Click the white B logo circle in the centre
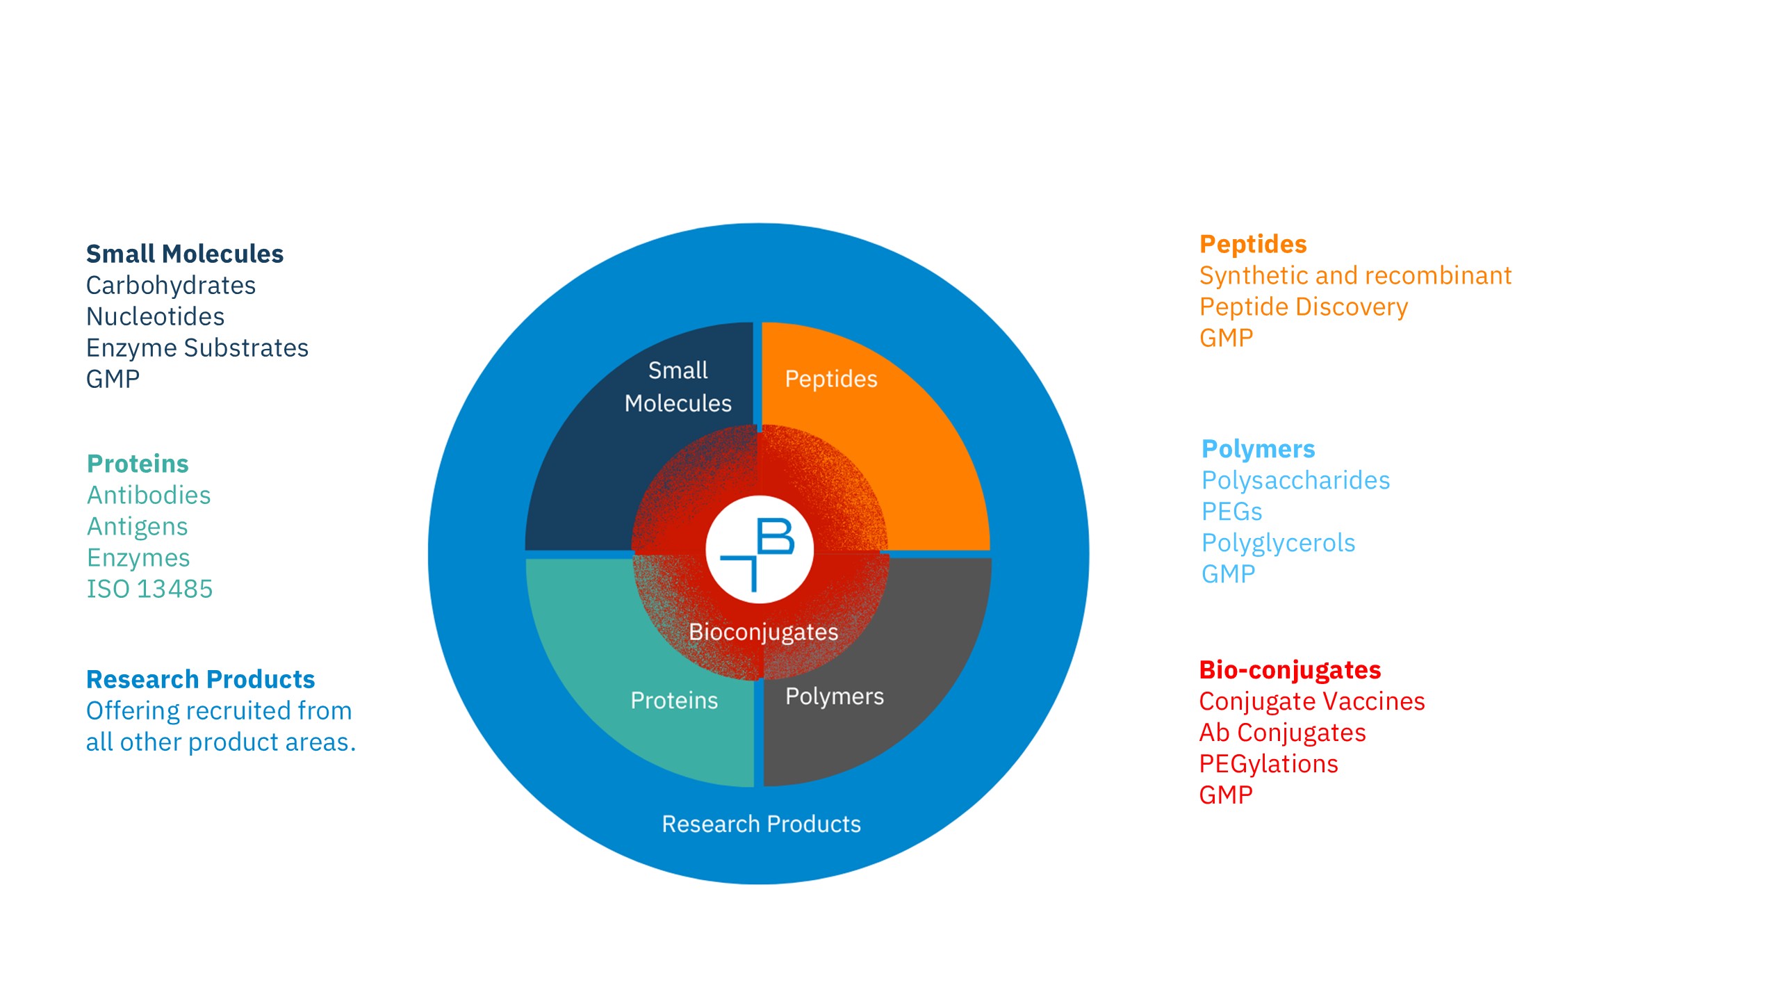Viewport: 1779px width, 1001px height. [759, 549]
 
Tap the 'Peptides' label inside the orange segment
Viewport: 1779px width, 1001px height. [831, 380]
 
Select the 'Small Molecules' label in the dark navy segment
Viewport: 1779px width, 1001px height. [678, 386]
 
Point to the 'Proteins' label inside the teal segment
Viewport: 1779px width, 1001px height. [674, 700]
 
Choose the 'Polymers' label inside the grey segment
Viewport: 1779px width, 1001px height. [835, 697]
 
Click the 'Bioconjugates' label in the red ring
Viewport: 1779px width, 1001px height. [763, 633]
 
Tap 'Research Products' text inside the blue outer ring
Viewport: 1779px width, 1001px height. [761, 824]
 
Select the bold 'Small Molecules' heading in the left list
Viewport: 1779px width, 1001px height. [185, 254]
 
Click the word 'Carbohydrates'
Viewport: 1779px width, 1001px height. [171, 286]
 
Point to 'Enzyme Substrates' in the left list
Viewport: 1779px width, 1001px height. [197, 348]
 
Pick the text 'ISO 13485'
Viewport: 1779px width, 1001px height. [149, 589]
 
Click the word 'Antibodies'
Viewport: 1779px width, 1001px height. [149, 496]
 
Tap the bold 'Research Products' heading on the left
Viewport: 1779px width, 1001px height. [200, 679]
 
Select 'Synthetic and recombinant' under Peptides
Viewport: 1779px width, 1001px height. [1355, 276]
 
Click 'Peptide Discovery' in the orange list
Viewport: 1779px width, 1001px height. [1304, 307]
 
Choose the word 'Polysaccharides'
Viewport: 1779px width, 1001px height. [1295, 480]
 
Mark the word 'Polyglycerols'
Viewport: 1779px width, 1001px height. [1278, 543]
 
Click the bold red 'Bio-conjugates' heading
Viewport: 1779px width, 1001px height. [1290, 670]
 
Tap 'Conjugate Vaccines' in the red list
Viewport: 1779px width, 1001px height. [1312, 702]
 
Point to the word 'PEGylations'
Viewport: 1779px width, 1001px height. [1268, 765]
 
